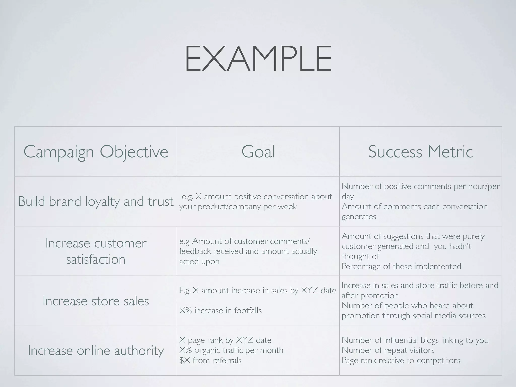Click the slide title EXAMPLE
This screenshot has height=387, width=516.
pyautogui.click(x=258, y=58)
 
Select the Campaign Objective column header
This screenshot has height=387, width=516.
pyautogui.click(x=96, y=152)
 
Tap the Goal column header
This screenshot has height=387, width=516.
pyautogui.click(x=258, y=152)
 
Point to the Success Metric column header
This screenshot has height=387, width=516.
pyautogui.click(x=420, y=152)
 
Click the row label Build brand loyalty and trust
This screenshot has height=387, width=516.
pyautogui.click(x=96, y=201)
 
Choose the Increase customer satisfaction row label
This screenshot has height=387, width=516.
pyautogui.click(x=96, y=251)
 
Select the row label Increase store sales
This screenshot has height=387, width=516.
pyautogui.click(x=96, y=301)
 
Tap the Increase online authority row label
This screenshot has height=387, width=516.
pyautogui.click(x=96, y=350)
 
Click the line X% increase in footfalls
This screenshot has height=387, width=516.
pyautogui.click(x=220, y=311)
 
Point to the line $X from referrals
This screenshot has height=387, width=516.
pyautogui.click(x=210, y=360)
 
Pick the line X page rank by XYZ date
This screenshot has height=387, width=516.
pyautogui.click(x=225, y=340)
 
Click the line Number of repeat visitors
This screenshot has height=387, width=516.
pyautogui.click(x=388, y=350)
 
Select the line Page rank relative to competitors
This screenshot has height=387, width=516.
pyautogui.click(x=401, y=360)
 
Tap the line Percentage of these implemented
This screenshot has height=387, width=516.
pyautogui.click(x=401, y=266)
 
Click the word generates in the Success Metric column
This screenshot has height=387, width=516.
pyautogui.click(x=359, y=217)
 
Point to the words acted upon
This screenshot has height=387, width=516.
pyautogui.click(x=199, y=262)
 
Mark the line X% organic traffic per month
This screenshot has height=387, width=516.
pyautogui.click(x=231, y=350)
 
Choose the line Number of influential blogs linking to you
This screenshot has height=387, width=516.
pyautogui.click(x=415, y=340)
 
